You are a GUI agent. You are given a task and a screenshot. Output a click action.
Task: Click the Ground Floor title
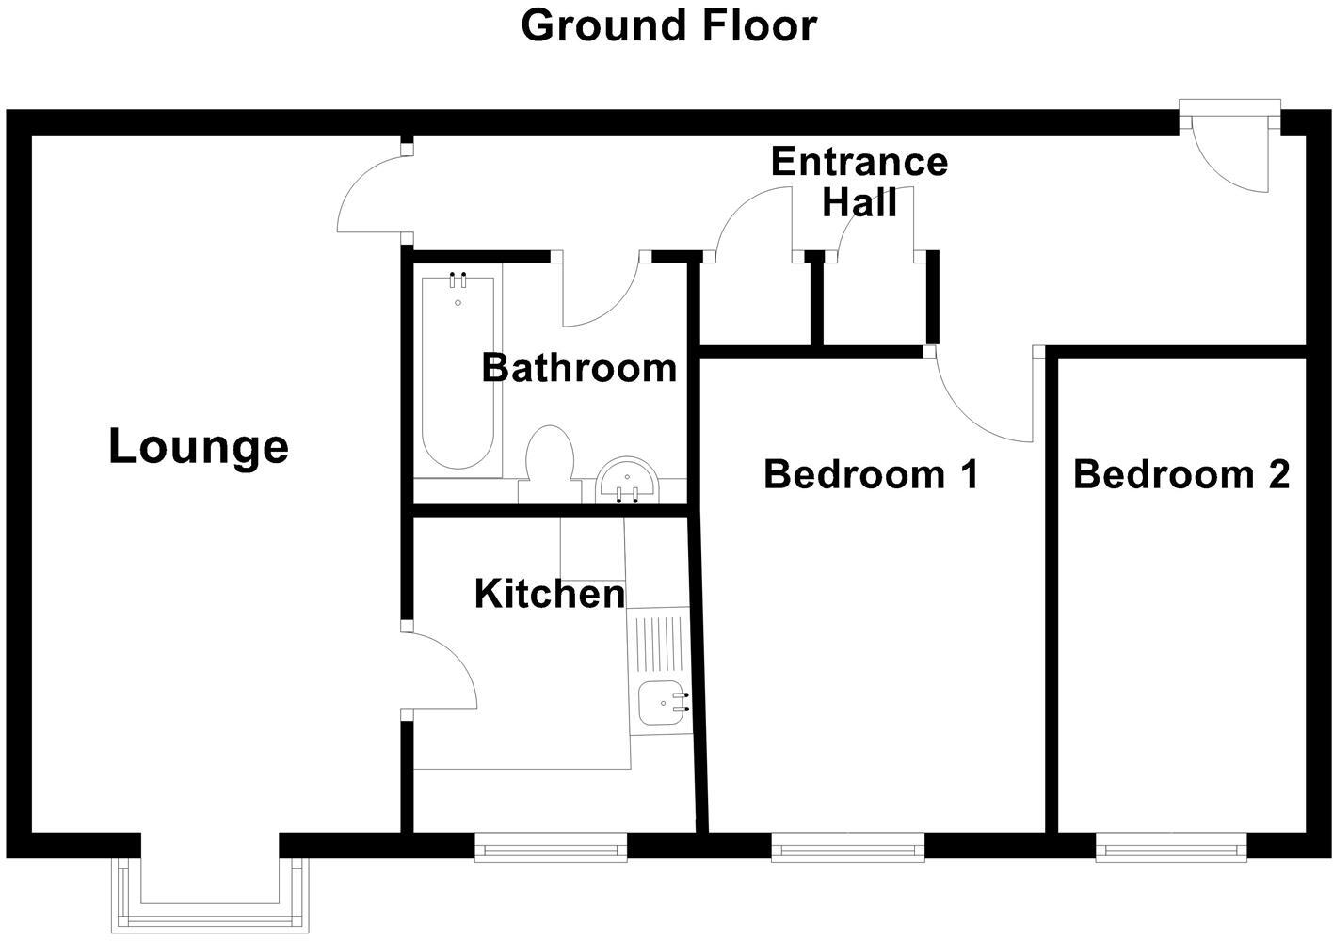click(667, 25)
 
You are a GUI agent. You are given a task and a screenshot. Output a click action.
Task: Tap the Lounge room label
click(198, 446)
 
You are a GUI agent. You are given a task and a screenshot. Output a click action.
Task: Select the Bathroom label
click(579, 367)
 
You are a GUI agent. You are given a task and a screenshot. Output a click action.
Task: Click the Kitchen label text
click(550, 594)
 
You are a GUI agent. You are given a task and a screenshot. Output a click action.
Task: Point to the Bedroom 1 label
click(871, 473)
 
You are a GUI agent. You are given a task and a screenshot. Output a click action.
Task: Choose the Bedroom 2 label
click(1180, 473)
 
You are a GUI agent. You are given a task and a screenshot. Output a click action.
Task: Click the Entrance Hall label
click(859, 182)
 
